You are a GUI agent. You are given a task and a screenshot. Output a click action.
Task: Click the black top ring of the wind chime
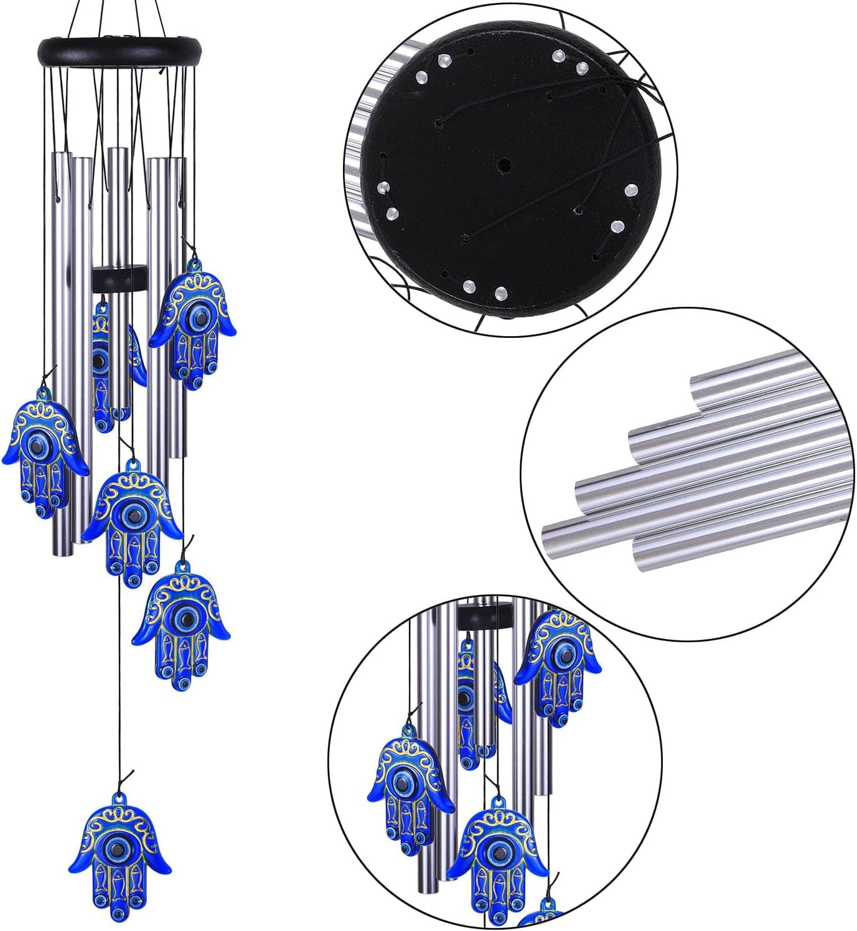[x=120, y=47]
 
